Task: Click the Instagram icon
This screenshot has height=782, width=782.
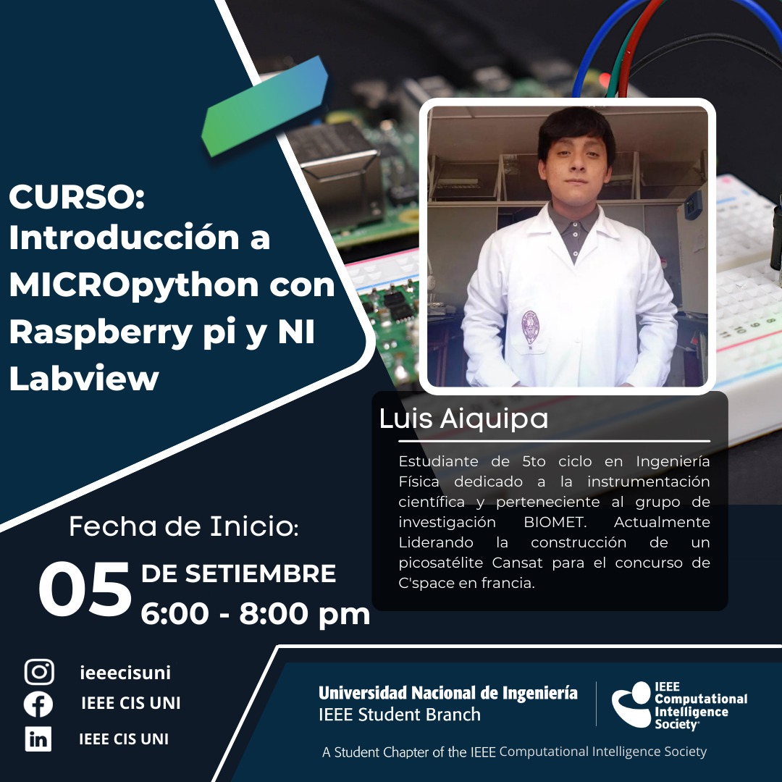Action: (x=39, y=671)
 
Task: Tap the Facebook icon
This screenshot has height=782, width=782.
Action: (x=38, y=705)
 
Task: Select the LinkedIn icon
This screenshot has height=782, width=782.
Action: (x=38, y=738)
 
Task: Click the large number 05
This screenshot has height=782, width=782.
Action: (x=85, y=589)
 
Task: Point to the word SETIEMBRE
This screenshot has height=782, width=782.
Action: (x=261, y=573)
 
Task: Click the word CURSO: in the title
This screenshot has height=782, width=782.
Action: (x=77, y=196)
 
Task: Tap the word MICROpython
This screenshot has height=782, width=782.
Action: (x=134, y=286)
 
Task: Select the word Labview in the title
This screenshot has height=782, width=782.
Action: (x=84, y=377)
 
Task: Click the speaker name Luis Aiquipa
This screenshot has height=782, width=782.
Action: (x=463, y=419)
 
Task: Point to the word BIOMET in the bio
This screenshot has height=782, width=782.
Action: (x=554, y=522)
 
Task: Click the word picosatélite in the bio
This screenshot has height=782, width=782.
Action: (x=441, y=563)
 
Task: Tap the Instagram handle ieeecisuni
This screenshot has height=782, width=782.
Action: (x=125, y=672)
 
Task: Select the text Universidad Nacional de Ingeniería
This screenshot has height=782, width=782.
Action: (x=448, y=693)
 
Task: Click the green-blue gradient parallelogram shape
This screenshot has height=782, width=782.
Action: (x=264, y=106)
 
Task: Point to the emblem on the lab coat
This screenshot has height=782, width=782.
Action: (x=529, y=327)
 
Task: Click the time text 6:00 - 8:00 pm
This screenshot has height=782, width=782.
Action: (x=256, y=614)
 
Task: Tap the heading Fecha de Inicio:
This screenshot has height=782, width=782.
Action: (x=183, y=526)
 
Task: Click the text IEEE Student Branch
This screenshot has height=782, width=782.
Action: (x=400, y=715)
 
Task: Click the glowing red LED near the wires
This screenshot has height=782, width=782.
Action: (x=605, y=80)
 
